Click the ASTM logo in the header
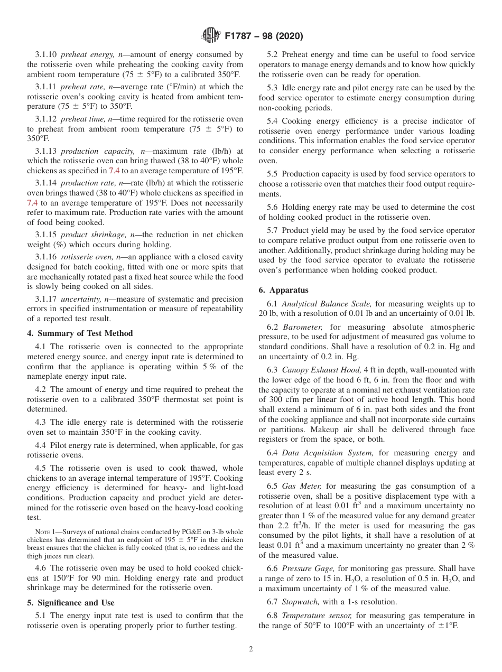pyautogui.click(x=211, y=36)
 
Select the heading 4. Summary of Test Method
pyautogui.click(x=80, y=333)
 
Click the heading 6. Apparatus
pyautogui.click(x=283, y=290)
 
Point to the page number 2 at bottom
pyautogui.click(x=251, y=649)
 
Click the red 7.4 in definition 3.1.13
pyautogui.click(x=114, y=171)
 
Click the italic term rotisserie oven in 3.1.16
pyautogui.click(x=85, y=257)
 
